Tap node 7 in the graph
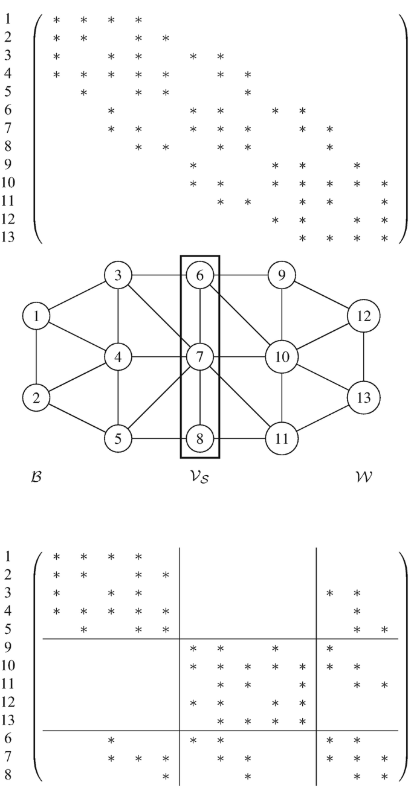click(199, 357)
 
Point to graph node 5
click(119, 438)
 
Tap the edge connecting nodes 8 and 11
click(241, 438)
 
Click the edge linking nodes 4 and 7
click(160, 357)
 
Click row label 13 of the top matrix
click(8, 237)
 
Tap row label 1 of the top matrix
click(5, 20)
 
